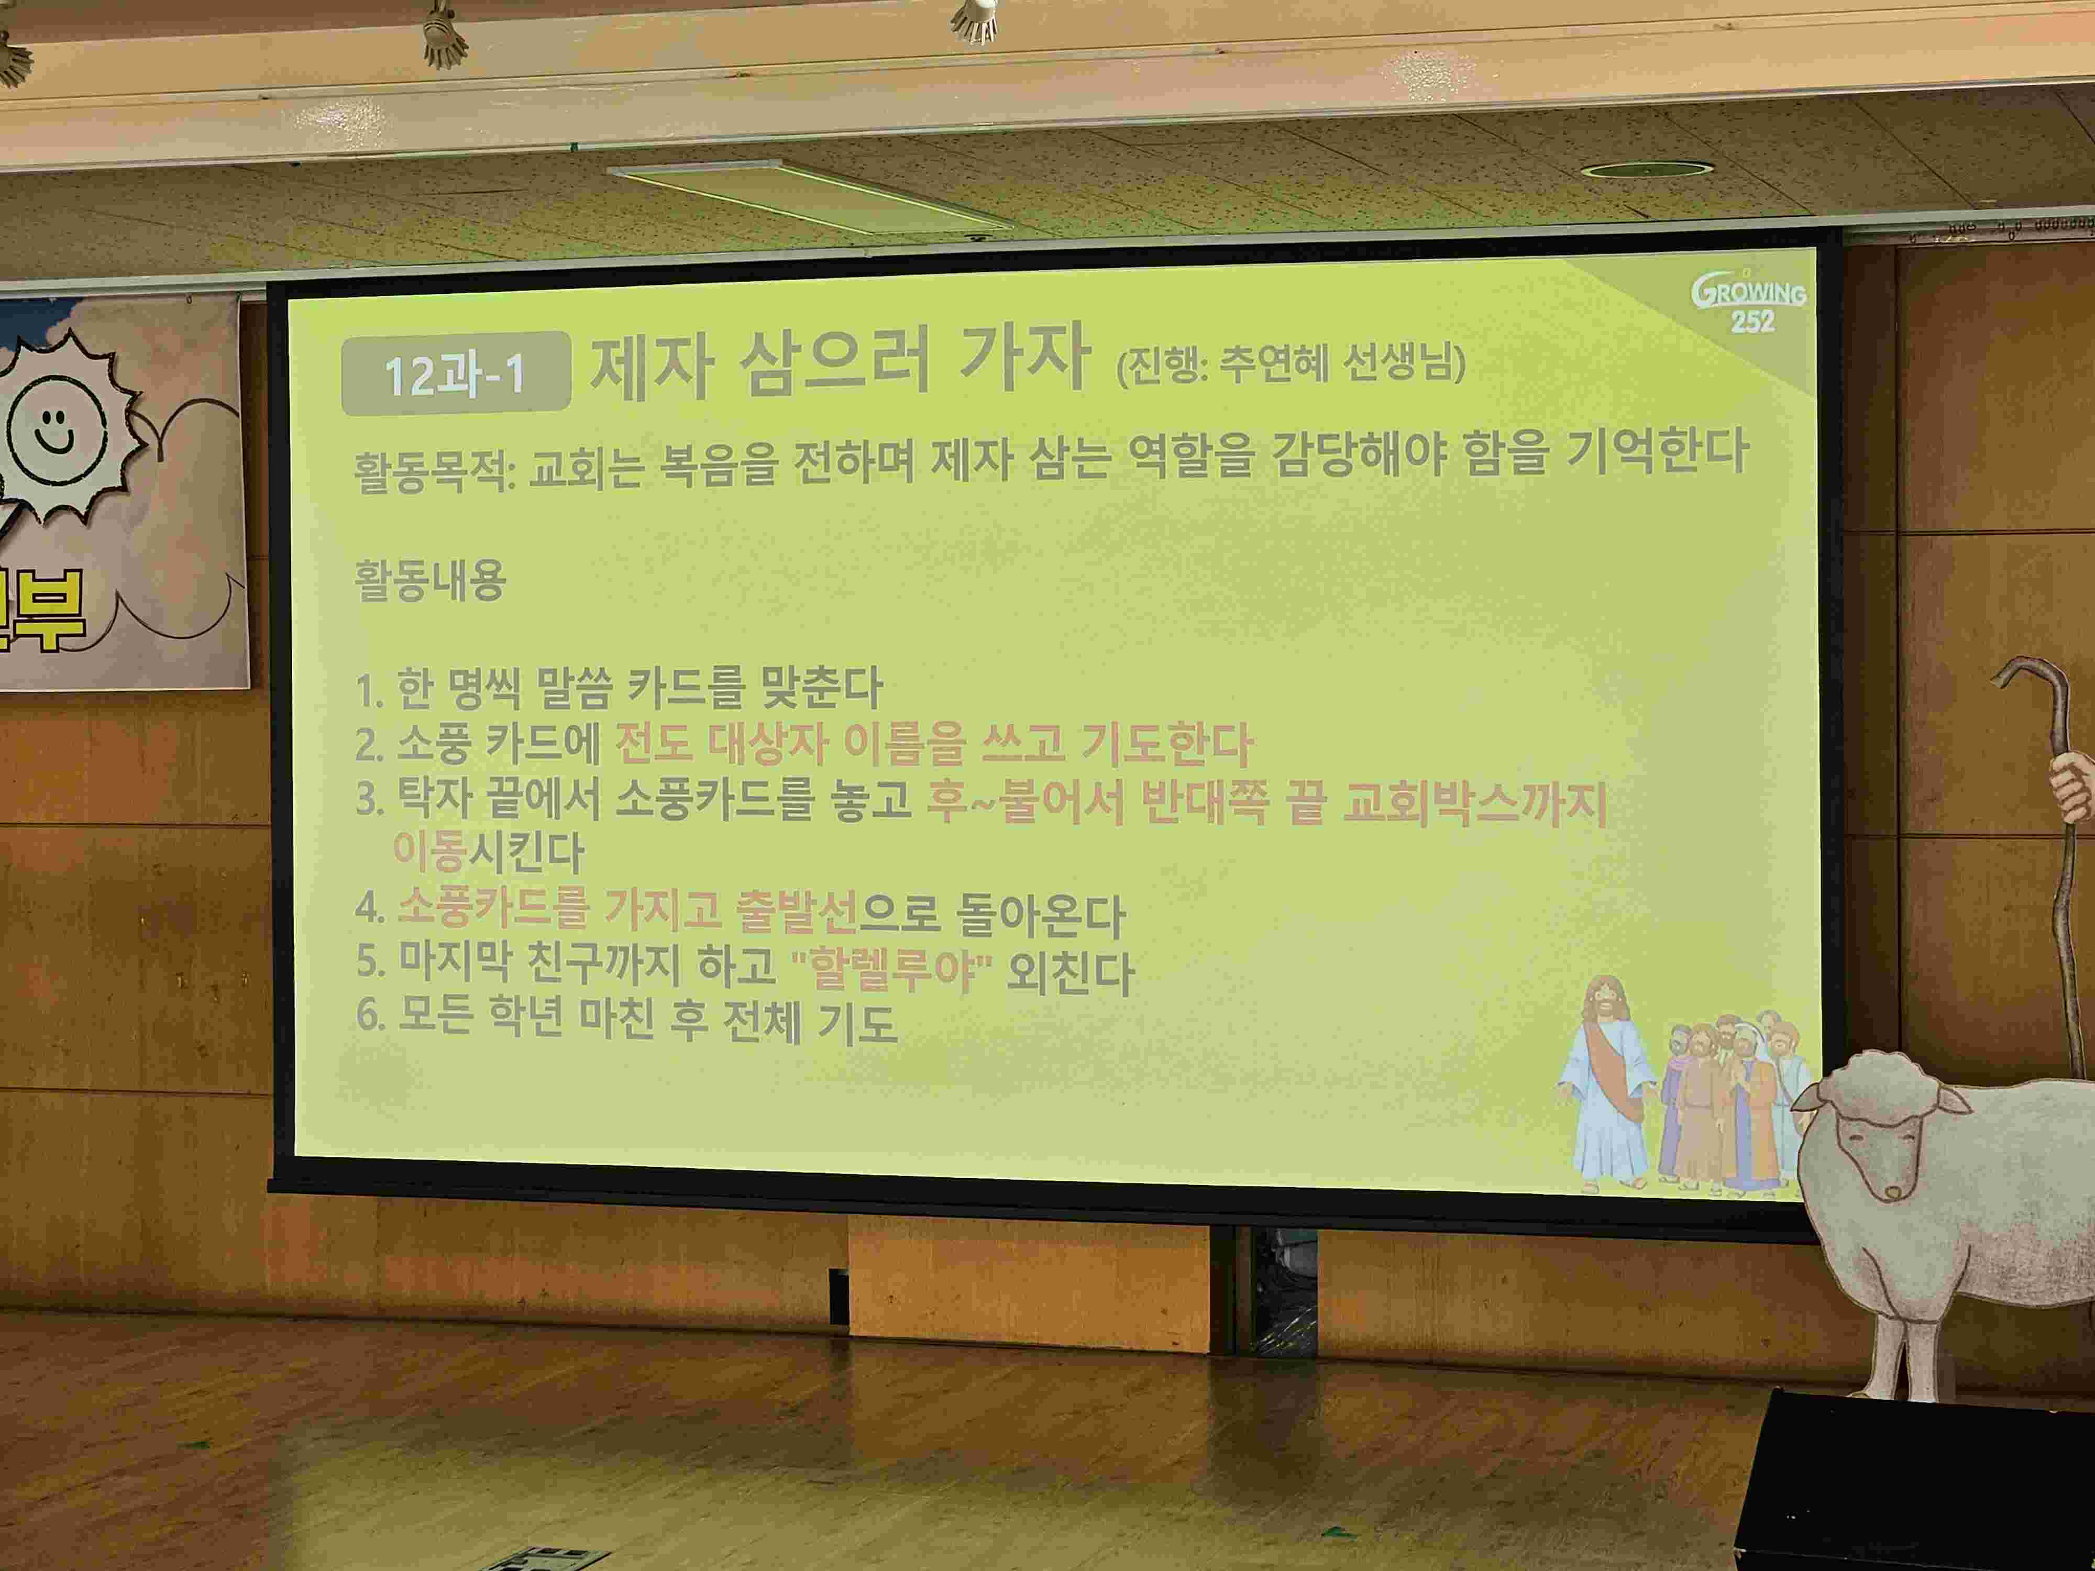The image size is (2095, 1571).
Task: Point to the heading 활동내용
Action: [430, 580]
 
